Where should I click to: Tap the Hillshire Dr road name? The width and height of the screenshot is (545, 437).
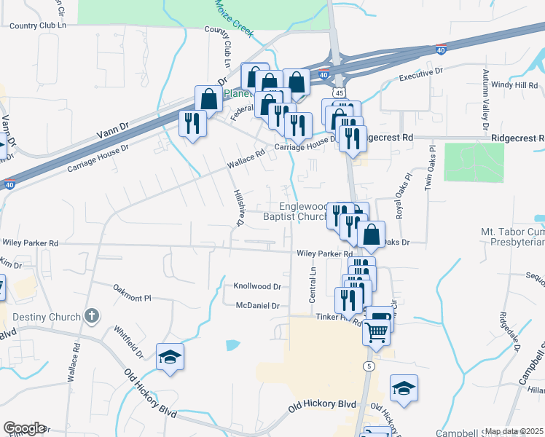(x=238, y=208)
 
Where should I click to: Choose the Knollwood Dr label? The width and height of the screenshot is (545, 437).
(x=257, y=286)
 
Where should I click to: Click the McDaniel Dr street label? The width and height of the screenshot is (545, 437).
(x=258, y=306)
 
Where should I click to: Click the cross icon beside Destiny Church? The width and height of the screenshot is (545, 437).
(x=90, y=316)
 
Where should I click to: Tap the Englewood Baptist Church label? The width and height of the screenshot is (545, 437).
(x=297, y=211)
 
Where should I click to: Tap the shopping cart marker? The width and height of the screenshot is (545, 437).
(x=377, y=331)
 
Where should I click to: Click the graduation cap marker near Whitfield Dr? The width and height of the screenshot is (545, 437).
(x=170, y=356)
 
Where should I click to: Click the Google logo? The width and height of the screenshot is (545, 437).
(x=24, y=428)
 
